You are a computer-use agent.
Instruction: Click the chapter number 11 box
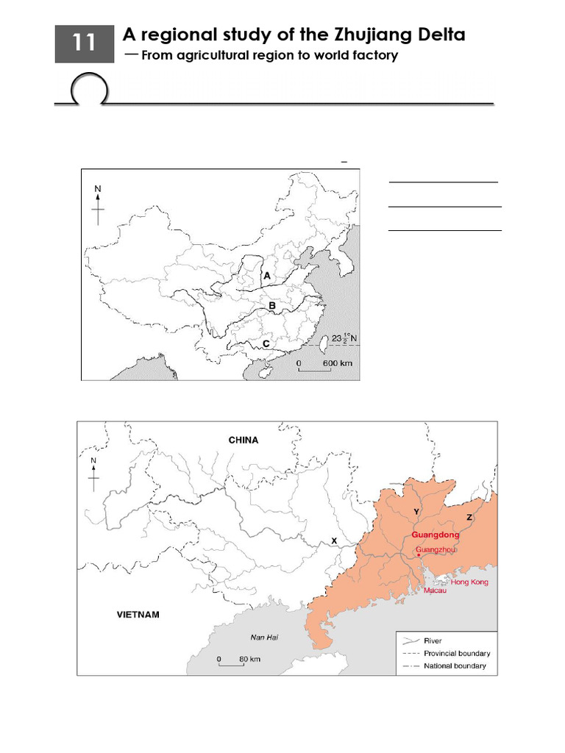[84, 43]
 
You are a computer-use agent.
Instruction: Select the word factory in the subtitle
[372, 56]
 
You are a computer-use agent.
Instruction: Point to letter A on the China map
[267, 276]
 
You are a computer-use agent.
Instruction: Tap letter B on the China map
[271, 306]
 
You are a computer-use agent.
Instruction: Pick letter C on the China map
[266, 343]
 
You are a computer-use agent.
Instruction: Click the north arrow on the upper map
[98, 206]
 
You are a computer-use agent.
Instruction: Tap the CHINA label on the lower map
[243, 440]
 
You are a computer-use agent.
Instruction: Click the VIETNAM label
[138, 615]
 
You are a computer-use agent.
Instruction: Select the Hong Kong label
[469, 582]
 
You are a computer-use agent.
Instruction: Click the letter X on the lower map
[334, 540]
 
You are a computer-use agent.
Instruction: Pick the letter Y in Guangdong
[416, 511]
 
